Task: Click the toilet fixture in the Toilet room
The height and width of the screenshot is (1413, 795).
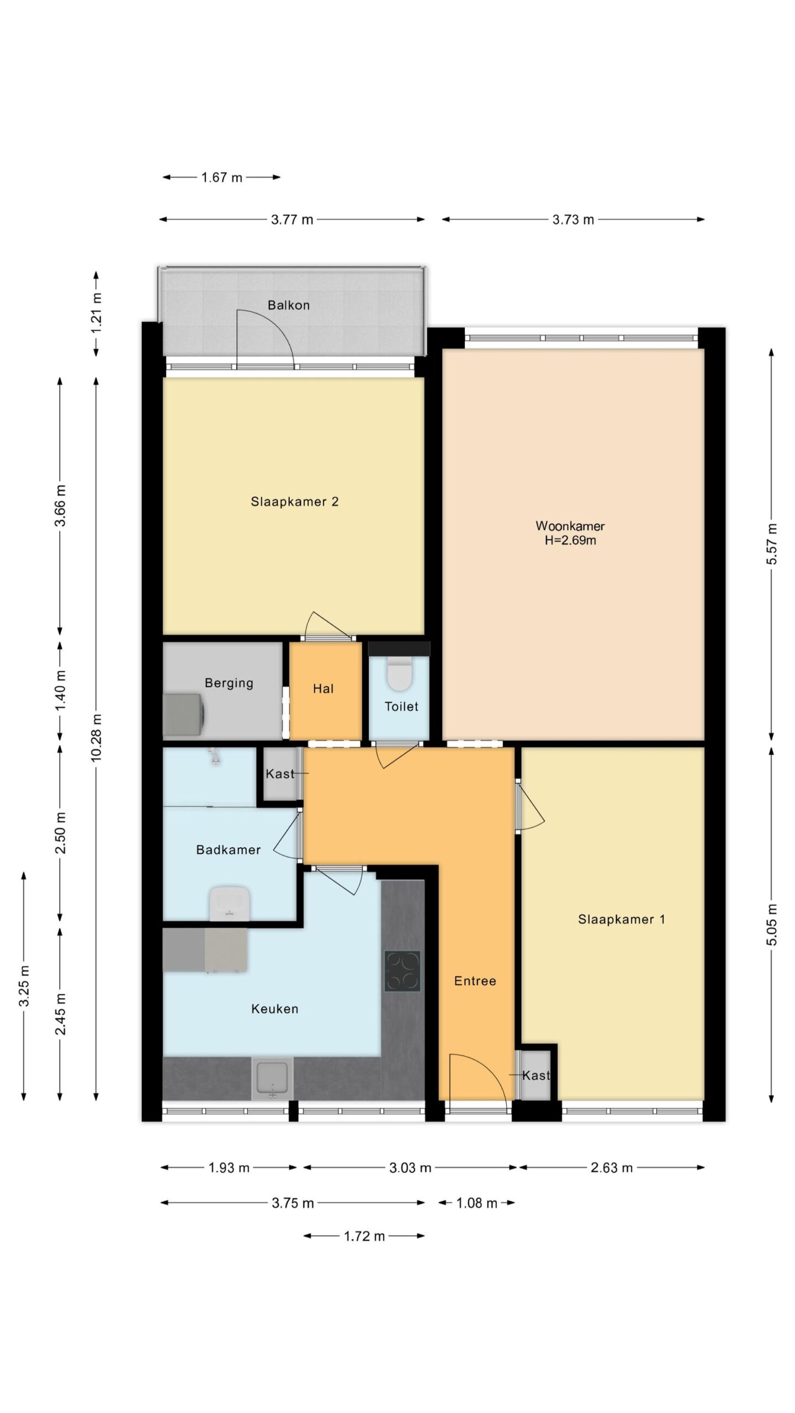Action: [399, 673]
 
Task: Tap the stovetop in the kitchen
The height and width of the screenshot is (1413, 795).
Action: [402, 971]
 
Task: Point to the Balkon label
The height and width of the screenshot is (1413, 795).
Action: [289, 305]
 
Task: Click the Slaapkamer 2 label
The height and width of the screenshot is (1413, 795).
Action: [295, 502]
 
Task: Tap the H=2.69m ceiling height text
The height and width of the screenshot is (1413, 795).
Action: [570, 540]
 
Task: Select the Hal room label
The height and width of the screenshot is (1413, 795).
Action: [324, 688]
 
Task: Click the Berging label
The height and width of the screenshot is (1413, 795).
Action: [229, 683]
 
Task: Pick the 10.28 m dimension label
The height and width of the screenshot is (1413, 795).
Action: [97, 737]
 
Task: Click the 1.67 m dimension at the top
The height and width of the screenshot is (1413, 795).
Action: [222, 178]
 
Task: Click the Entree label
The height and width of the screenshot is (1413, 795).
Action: [475, 981]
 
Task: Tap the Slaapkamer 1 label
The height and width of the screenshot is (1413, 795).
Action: [622, 919]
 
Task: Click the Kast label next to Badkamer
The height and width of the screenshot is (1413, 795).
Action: [280, 774]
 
